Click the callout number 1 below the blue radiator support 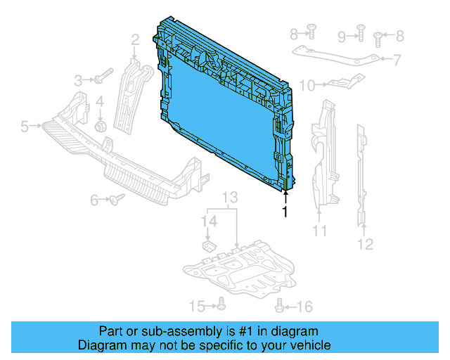(285, 212)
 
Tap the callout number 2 (134, 40)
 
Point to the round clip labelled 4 (101, 126)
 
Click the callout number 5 (24, 127)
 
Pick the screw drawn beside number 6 (116, 200)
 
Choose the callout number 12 (365, 245)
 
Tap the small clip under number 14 (209, 245)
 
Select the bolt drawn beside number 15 (221, 305)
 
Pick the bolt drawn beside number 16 (281, 305)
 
